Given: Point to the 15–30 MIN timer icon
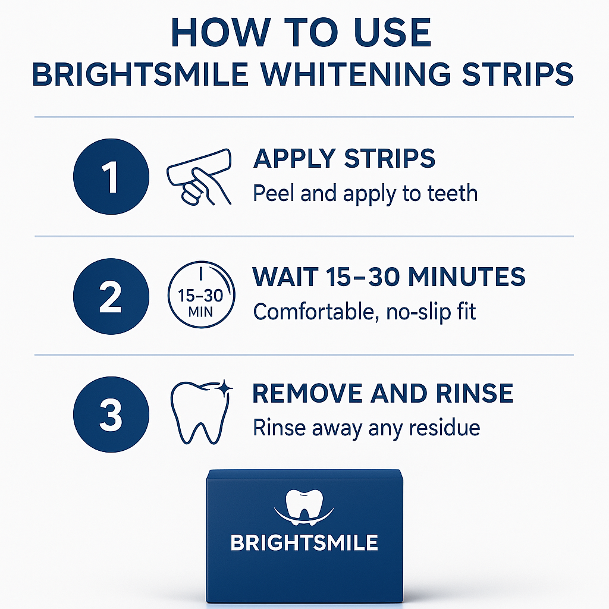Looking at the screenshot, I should coord(202,296).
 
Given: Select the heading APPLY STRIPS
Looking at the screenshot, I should coord(344,159).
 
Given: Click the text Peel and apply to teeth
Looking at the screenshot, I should coord(365,193).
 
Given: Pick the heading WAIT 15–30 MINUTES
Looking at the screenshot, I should coord(389,277).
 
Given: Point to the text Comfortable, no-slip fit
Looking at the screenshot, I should coord(365,312).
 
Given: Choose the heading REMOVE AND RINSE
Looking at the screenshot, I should coord(383,394).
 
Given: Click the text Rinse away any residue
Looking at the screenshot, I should coord(366,428).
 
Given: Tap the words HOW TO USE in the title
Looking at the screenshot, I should coord(301,34).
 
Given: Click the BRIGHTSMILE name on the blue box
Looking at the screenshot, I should coord(304,542).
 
